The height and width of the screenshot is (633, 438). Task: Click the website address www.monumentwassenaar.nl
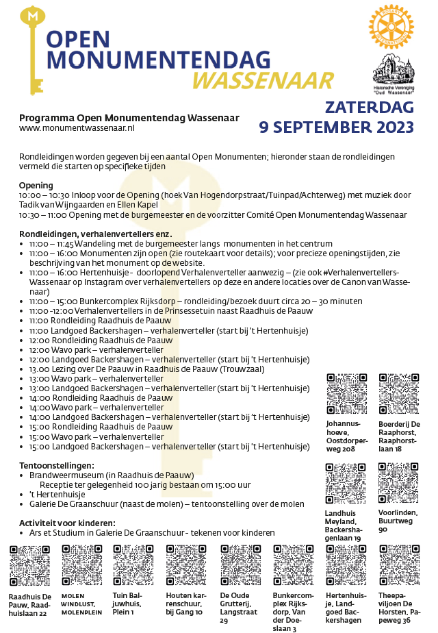(x=77, y=127)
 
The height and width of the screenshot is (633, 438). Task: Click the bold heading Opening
(x=36, y=186)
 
